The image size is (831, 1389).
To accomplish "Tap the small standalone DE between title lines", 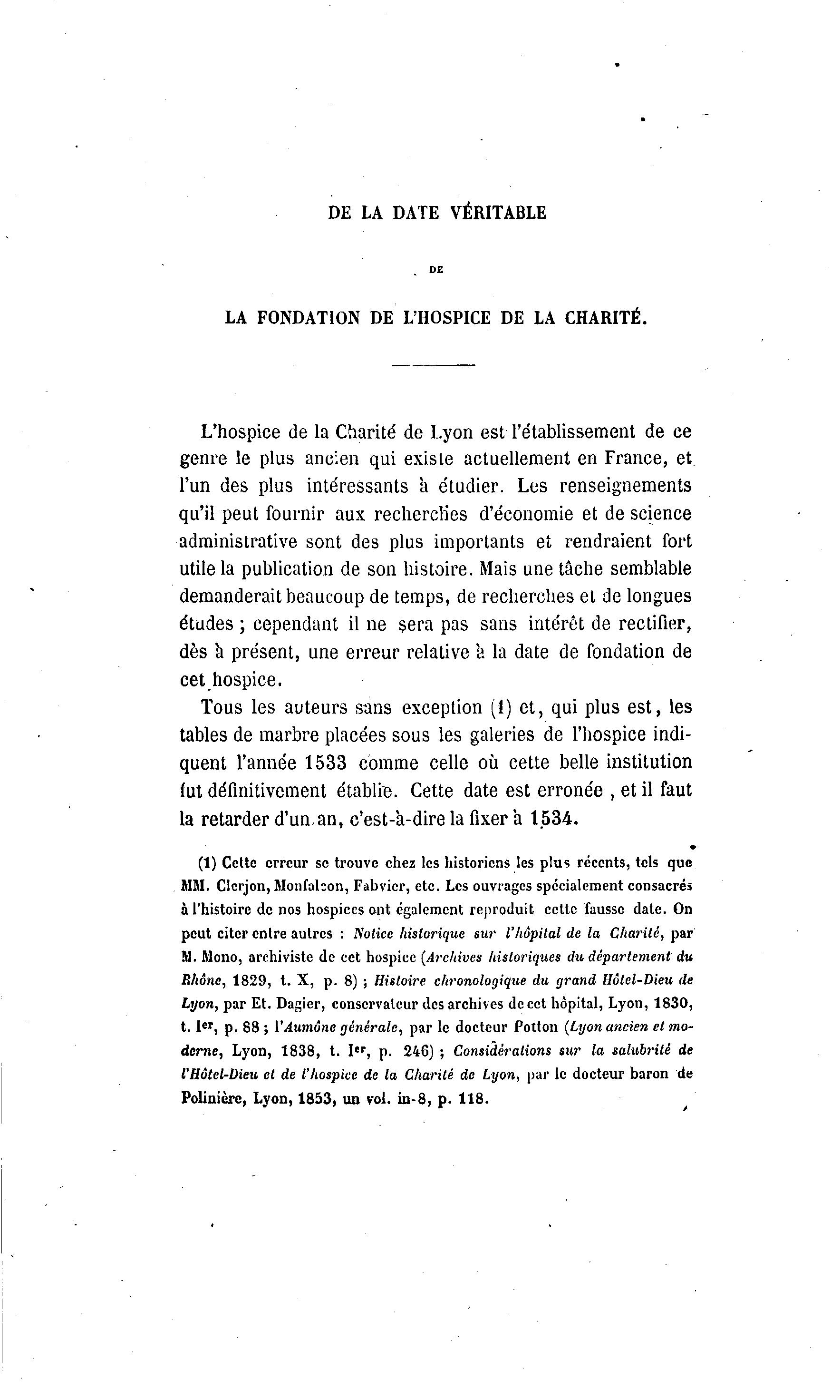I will click(436, 270).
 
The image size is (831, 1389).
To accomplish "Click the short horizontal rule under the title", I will click(433, 365).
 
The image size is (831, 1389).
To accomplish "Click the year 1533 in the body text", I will click(326, 763).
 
